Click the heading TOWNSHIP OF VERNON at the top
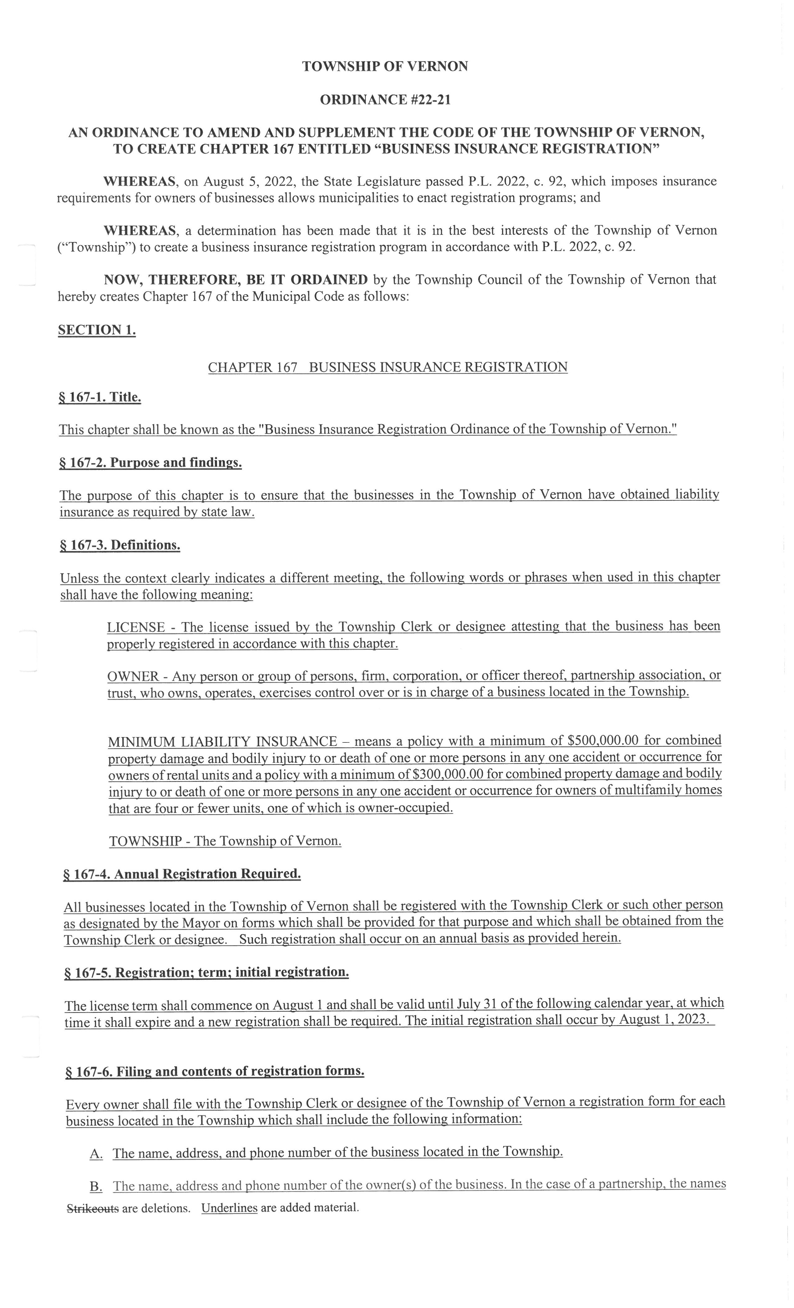click(x=385, y=66)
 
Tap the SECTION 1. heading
click(x=97, y=330)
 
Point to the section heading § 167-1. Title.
click(x=100, y=398)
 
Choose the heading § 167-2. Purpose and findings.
click(x=151, y=463)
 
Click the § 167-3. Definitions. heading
click(x=120, y=545)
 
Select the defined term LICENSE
click(x=136, y=628)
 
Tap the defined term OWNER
click(x=133, y=676)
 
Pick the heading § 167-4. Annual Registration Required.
click(x=182, y=874)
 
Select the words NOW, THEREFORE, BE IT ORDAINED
click(x=235, y=280)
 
